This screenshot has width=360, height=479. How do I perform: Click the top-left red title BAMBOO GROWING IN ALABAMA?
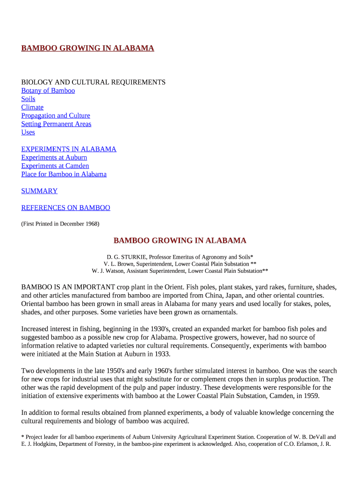[x=87, y=48]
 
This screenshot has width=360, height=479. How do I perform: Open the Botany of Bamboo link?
[x=48, y=91]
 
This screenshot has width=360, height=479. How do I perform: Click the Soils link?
[x=28, y=99]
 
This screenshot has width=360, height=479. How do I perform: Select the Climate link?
[x=32, y=108]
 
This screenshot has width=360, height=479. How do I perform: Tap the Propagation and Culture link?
[x=56, y=116]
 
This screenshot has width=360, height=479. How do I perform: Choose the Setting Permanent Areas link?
[x=56, y=124]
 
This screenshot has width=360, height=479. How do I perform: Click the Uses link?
[x=28, y=132]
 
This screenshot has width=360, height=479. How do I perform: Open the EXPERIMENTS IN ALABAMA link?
[x=69, y=149]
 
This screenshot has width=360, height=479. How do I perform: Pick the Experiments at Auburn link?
[x=54, y=158]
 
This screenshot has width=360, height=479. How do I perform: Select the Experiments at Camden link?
[x=55, y=166]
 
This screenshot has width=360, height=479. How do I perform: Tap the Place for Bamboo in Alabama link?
[x=64, y=174]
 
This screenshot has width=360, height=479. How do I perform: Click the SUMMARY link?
[x=39, y=191]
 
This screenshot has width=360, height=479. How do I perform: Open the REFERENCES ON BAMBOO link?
[x=65, y=208]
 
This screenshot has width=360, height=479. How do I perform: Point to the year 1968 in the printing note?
[x=91, y=224]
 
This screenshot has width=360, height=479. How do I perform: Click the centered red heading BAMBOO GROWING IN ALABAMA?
[x=180, y=241]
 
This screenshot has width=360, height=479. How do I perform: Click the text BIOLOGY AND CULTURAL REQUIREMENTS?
[x=93, y=82]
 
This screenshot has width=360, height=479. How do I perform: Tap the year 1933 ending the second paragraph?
[x=161, y=354]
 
